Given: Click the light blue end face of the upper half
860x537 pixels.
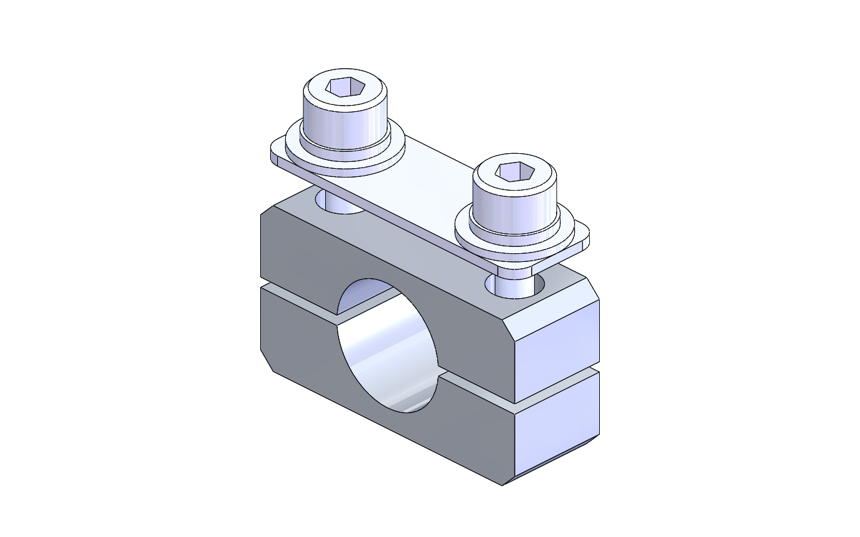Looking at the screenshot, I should (x=557, y=350).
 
